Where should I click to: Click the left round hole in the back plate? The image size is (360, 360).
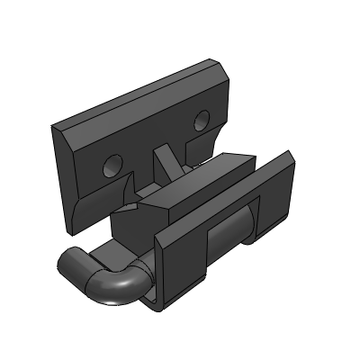[112, 164]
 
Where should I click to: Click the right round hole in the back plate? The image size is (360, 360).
[201, 119]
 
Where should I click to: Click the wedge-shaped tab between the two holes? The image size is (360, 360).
[166, 162]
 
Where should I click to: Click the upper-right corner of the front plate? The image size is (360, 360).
[290, 162]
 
